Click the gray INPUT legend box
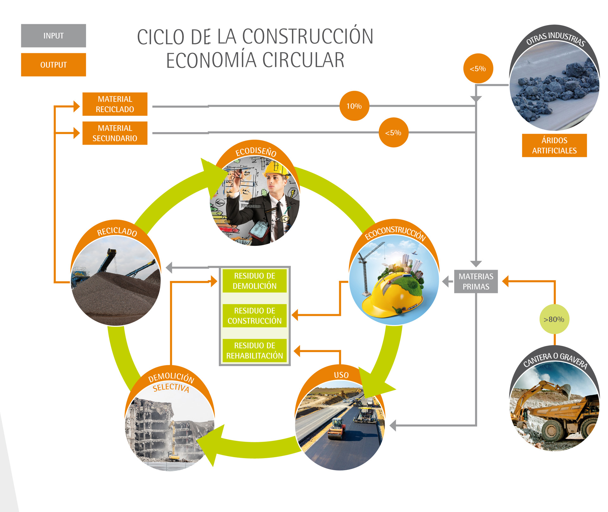[x=53, y=35]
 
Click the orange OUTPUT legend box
[x=53, y=65]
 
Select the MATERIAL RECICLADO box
[x=115, y=104]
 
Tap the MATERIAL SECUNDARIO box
[x=115, y=133]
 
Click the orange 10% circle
[x=354, y=106]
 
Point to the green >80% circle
[x=554, y=319]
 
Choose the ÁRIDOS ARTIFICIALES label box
[x=554, y=145]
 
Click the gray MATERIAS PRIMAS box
[x=476, y=281]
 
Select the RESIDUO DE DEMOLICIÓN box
[x=254, y=281]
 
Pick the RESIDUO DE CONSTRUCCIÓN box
[x=254, y=316]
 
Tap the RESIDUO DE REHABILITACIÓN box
[x=254, y=350]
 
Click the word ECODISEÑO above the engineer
[x=256, y=151]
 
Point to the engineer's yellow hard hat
[x=276, y=168]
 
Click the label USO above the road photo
[x=341, y=375]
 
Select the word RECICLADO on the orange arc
[x=117, y=232]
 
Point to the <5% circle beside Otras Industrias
[x=478, y=68]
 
